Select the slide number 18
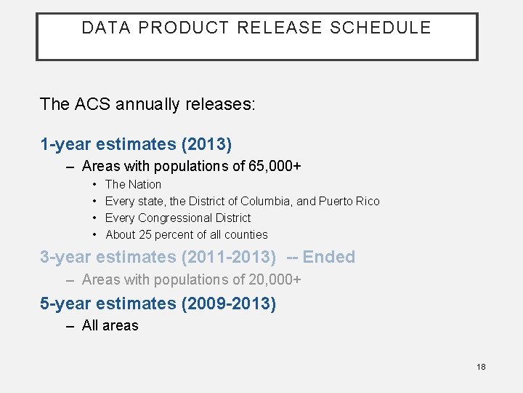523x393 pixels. [481, 367]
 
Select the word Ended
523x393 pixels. [329, 257]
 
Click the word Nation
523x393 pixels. [145, 184]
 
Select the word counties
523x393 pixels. [246, 234]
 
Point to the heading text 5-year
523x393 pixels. [64, 303]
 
